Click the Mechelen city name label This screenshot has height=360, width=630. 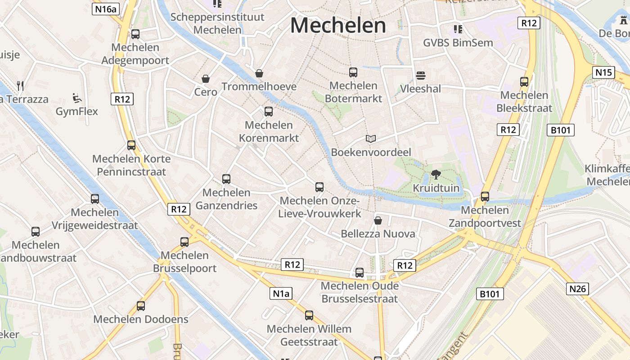tap(338, 25)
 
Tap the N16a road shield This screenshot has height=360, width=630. tap(105, 9)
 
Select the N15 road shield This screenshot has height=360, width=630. tap(603, 72)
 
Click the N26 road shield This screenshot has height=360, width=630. tap(577, 288)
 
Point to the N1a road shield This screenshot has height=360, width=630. tap(281, 294)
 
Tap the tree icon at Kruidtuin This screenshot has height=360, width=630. tap(436, 175)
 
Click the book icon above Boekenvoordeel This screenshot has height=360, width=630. tap(371, 139)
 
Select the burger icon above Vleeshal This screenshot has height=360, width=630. tap(421, 75)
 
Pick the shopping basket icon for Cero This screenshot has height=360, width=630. tap(206, 79)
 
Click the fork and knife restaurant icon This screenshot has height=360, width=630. tap(20, 85)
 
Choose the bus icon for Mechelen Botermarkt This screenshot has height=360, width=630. tap(353, 72)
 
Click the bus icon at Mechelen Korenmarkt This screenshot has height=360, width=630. tap(269, 112)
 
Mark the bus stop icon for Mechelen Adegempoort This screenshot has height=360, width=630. tap(135, 34)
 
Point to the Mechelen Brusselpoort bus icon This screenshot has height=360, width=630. tap(184, 242)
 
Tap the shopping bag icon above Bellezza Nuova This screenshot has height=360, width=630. tap(378, 220)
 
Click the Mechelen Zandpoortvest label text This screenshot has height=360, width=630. tap(485, 216)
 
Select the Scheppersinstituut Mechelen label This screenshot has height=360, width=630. tap(217, 23)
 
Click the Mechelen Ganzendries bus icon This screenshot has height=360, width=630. tap(226, 179)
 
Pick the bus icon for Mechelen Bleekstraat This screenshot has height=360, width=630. tap(524, 82)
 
